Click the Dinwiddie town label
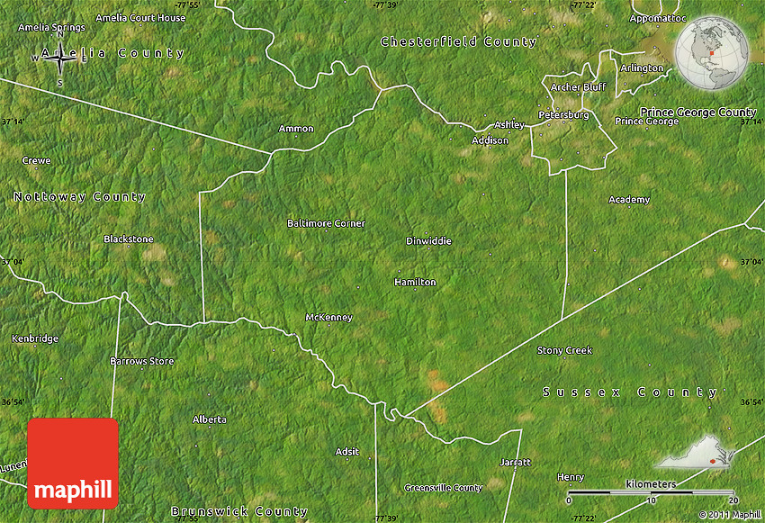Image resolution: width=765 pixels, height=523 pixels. coord(428,241)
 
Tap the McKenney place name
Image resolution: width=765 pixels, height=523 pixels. coord(328,318)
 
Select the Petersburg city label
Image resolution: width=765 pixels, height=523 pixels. coord(563,115)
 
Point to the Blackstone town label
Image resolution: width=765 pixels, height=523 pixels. coord(129,239)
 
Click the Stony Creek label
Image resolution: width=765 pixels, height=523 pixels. coord(564,350)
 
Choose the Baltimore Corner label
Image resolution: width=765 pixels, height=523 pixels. coord(326,223)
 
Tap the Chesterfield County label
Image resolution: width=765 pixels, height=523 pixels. coord(458,41)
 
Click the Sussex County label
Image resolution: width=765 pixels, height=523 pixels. coord(631,392)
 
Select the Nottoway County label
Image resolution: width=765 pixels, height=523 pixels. coord(79,196)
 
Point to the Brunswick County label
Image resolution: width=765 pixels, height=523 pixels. coord(238,511)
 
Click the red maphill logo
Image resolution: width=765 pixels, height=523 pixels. coord(73,463)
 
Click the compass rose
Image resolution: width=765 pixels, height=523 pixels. coord(60,59)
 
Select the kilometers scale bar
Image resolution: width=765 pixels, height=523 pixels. coord(652,492)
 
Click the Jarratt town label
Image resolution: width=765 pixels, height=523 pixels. coord(515,462)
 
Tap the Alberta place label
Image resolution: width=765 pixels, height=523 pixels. coord(210,419)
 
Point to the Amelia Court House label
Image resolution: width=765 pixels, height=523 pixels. coord(140,18)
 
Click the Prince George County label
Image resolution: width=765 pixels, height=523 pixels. coord(697,113)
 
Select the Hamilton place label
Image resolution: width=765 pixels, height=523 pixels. coord(415,282)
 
